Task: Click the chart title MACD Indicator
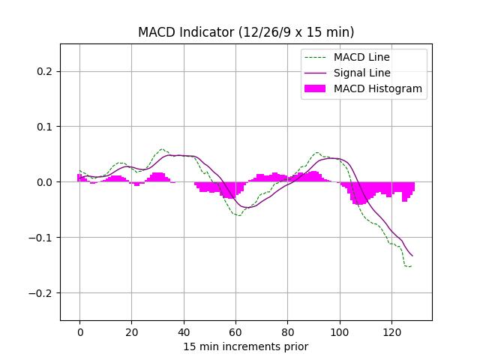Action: point(246,32)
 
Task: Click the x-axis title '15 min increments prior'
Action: point(246,346)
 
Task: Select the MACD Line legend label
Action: point(362,57)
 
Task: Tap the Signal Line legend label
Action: point(362,73)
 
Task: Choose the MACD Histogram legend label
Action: point(378,88)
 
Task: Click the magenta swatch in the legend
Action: point(316,88)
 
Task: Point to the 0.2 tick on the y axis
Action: point(46,71)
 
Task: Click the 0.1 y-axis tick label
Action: point(46,127)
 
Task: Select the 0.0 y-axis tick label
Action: point(46,182)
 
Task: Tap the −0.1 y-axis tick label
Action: point(43,238)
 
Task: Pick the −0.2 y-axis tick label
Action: point(43,293)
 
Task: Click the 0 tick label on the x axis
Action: point(79,331)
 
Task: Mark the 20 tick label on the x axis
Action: point(131,331)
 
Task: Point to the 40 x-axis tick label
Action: point(184,331)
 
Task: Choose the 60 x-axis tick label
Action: point(235,331)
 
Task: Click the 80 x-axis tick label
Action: point(287,331)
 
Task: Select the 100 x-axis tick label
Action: point(340,331)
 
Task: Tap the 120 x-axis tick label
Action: point(391,331)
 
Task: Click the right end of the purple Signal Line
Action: point(412,256)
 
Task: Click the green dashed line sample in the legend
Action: point(316,57)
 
